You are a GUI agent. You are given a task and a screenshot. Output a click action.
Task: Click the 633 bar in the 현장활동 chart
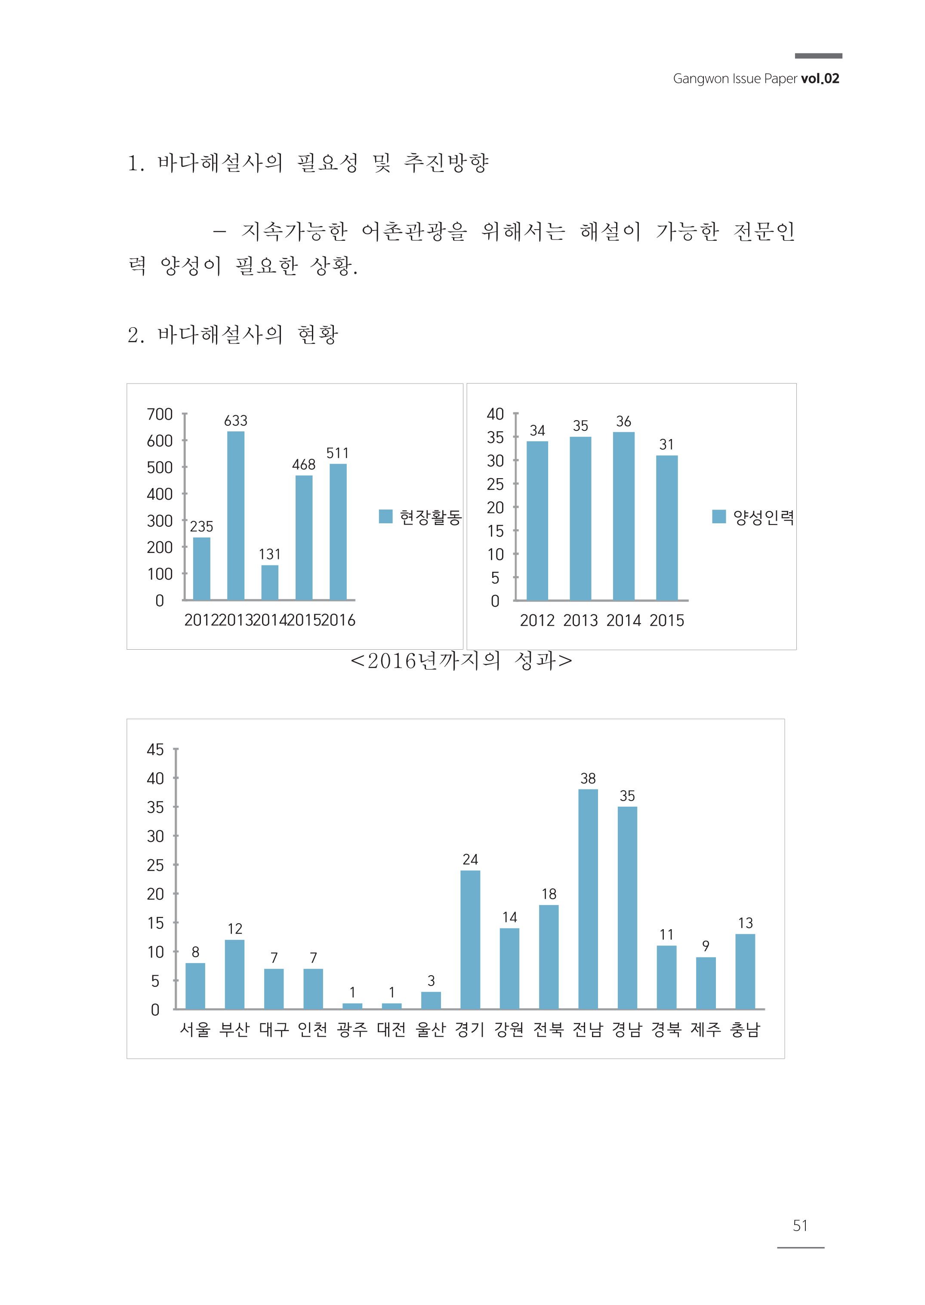pyautogui.click(x=235, y=515)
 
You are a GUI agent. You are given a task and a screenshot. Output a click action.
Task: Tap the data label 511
pyautogui.click(x=337, y=453)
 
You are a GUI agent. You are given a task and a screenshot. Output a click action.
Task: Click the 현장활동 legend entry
pyautogui.click(x=420, y=517)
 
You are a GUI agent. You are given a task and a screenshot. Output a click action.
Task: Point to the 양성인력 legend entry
pyautogui.click(x=754, y=517)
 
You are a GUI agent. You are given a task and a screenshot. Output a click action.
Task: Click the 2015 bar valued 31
pyautogui.click(x=666, y=528)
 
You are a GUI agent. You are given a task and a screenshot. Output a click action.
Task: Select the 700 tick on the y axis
pyautogui.click(x=160, y=415)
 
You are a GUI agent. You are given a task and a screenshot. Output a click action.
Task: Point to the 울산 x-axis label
pyautogui.click(x=431, y=1029)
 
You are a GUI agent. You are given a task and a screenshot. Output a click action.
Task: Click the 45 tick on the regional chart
pyautogui.click(x=155, y=749)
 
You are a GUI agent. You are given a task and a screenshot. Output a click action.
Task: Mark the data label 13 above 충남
pyautogui.click(x=745, y=923)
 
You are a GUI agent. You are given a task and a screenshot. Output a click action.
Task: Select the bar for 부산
pyautogui.click(x=234, y=974)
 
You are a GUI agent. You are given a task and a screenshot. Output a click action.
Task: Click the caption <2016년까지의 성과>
pyautogui.click(x=461, y=661)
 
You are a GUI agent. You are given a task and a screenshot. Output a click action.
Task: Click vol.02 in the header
pyautogui.click(x=820, y=79)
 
